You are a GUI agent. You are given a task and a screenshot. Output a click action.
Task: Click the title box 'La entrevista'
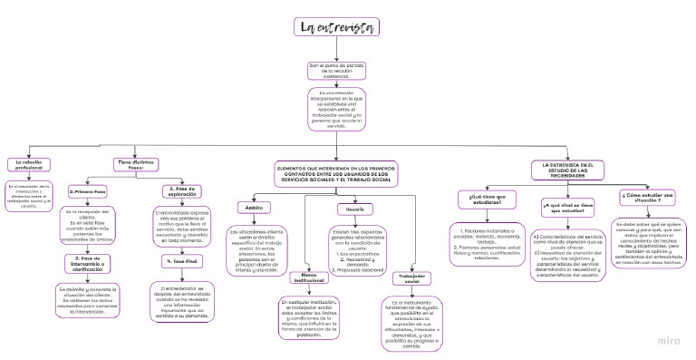coord(336,28)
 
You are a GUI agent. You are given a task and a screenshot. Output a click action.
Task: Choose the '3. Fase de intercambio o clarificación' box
coord(88,264)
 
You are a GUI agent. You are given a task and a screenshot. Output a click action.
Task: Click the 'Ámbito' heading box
coord(255,208)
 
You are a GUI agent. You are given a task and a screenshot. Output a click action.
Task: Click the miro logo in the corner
coord(673,343)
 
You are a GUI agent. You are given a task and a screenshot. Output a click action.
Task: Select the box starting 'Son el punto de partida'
coord(336,71)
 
